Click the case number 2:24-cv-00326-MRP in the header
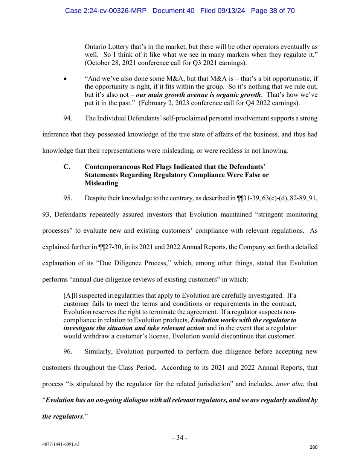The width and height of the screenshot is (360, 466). (x=105, y=11)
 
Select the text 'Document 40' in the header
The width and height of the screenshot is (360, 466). (x=173, y=11)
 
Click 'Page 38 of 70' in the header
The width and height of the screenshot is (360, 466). (x=273, y=11)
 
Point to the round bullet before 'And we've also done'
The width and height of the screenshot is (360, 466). (x=66, y=79)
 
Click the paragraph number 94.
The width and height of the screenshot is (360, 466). (x=68, y=118)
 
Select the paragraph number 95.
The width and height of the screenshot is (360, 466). (x=68, y=198)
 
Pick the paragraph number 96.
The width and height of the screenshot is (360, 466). (x=68, y=351)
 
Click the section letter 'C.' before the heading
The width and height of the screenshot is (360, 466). (x=67, y=167)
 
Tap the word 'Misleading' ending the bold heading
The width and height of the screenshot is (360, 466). (x=101, y=183)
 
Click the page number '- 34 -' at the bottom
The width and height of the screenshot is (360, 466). (x=180, y=437)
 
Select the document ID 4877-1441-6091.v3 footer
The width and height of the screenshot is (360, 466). (x=61, y=444)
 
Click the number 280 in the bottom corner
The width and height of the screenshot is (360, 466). (x=313, y=447)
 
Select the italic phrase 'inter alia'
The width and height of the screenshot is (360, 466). (x=289, y=384)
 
